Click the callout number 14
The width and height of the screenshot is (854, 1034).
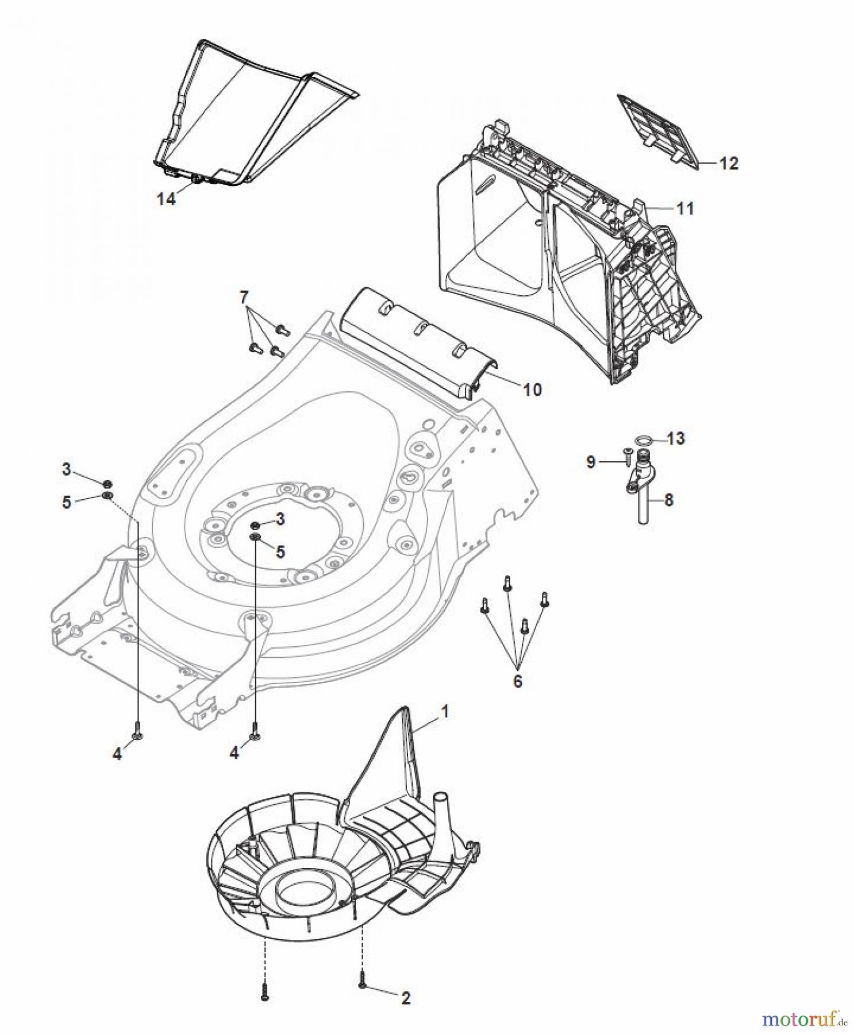point(166,199)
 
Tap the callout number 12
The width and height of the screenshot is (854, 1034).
point(728,163)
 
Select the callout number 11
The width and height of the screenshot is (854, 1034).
point(685,208)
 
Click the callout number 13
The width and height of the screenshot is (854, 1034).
point(676,438)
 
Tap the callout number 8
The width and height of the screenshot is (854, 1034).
point(668,500)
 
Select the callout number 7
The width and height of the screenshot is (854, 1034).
point(244,297)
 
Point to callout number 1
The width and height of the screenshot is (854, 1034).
point(444,711)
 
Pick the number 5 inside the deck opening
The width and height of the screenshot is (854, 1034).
point(280,551)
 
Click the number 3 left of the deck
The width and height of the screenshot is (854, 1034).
point(66,469)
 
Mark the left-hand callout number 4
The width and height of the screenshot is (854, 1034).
point(117,754)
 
